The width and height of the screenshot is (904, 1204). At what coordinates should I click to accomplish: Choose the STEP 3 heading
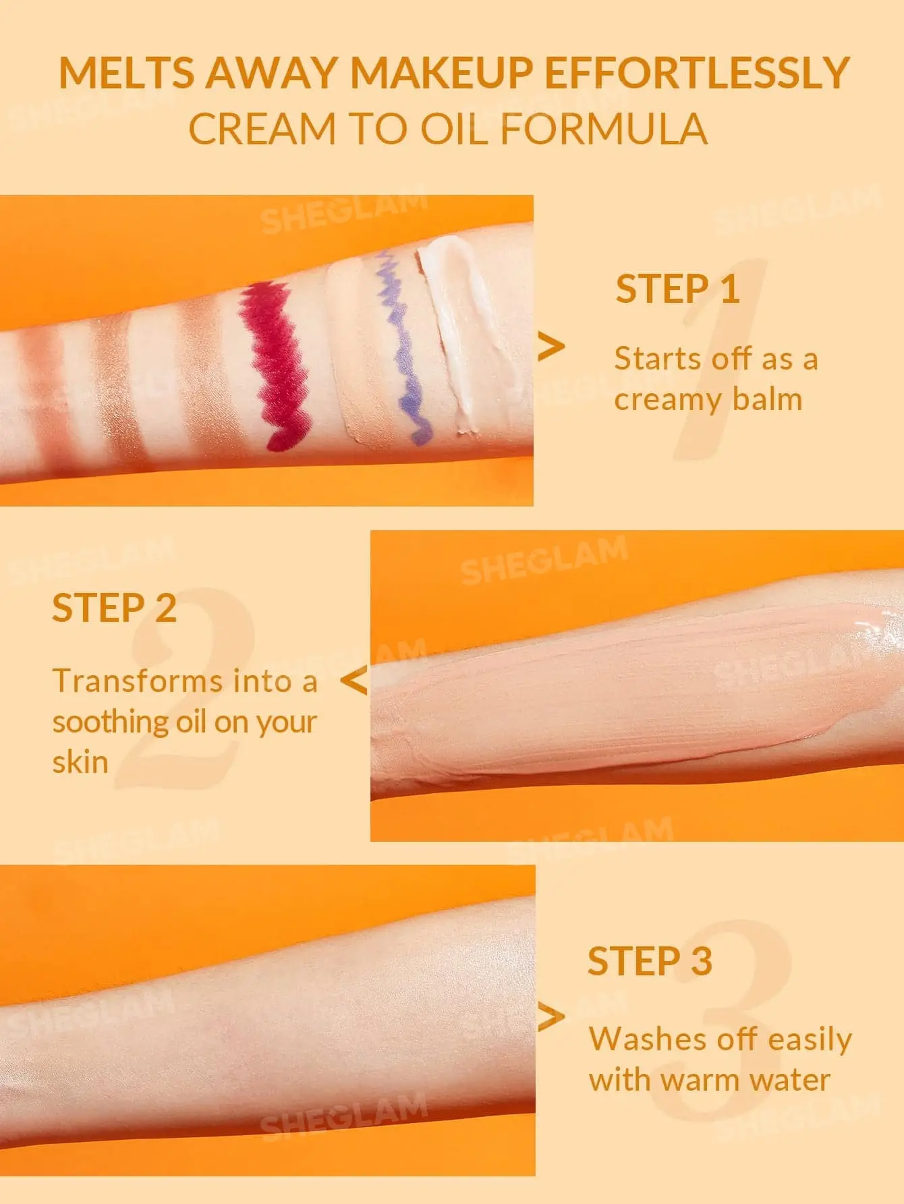click(650, 961)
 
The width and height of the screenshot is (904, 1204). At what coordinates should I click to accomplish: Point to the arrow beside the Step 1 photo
click(551, 347)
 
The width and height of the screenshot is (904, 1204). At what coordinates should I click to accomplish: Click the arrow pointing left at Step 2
click(354, 681)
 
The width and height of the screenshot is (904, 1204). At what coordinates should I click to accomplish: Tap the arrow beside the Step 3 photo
click(551, 1018)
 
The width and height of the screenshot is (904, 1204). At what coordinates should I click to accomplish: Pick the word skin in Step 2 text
click(80, 762)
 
